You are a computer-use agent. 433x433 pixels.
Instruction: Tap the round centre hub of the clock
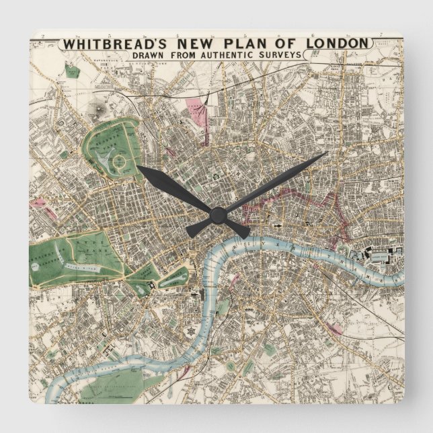(216, 214)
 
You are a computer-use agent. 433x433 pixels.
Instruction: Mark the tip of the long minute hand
(327, 153)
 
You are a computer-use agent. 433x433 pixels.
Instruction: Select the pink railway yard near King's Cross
(196, 111)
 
